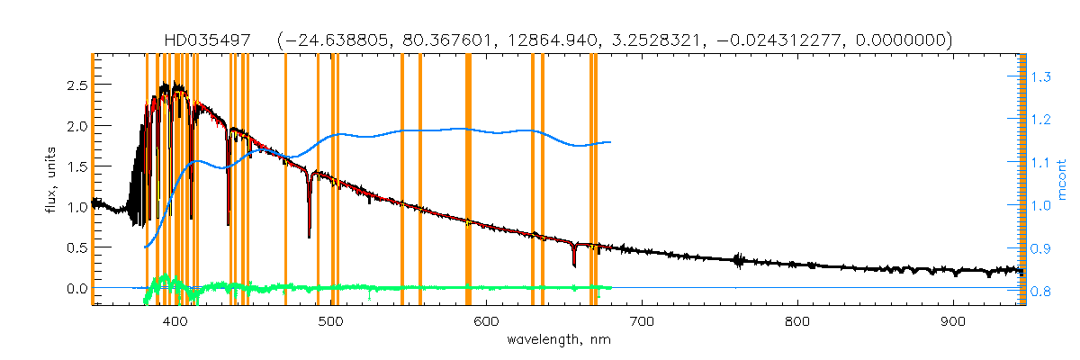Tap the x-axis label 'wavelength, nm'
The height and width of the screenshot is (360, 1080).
pos(558,339)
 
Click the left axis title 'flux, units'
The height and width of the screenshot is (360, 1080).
pos(51,181)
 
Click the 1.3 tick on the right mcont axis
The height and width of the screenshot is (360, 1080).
pos(1040,78)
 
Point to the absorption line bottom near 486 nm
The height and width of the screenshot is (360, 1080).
pos(309,237)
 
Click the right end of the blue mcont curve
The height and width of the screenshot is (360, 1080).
pos(611,142)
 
